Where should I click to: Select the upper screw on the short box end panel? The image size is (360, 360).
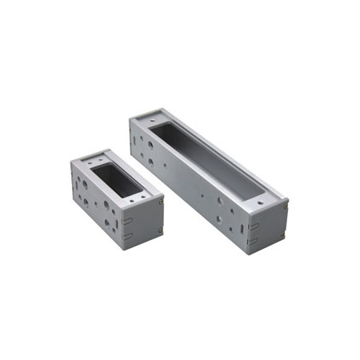[160, 202]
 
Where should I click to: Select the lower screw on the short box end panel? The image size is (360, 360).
[160, 232]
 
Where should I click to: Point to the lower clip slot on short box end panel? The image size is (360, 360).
[128, 237]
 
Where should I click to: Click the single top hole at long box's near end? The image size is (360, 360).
[260, 204]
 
